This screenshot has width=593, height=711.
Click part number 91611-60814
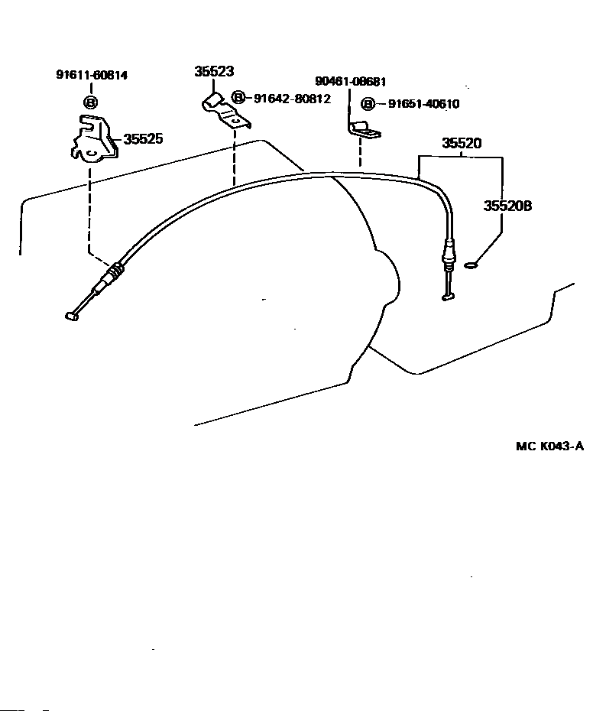pos(91,75)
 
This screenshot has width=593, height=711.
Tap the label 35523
pos(213,72)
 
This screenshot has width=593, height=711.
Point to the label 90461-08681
pos(350,81)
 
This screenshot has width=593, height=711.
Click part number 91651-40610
pos(423,104)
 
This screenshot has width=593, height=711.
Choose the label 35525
pos(144,139)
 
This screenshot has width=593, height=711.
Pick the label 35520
pos(462,143)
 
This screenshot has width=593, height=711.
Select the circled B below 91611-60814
pos(90,102)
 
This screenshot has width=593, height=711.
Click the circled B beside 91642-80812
pos(238,98)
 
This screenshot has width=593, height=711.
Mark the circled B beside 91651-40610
pos(368,104)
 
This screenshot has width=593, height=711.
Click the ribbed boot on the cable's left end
pos(114,270)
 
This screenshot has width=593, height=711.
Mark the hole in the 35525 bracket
pos(90,151)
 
